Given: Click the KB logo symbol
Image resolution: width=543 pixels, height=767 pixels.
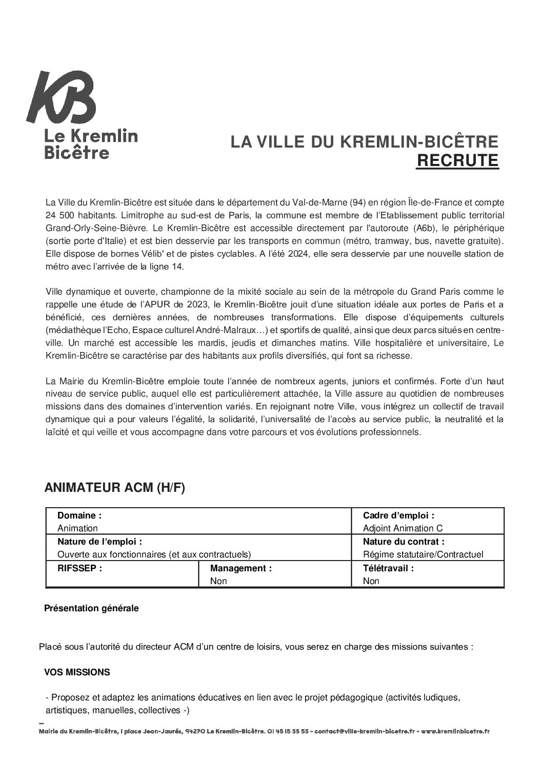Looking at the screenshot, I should coord(62,98).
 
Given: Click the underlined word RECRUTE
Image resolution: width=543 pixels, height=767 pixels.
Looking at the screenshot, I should coord(457,160).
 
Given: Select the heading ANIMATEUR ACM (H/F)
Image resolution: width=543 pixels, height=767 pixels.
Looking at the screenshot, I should coord(114,488).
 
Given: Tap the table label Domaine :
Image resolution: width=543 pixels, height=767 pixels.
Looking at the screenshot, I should coord(79,515).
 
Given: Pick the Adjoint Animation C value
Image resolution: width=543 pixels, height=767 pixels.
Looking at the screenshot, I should coord(403,528).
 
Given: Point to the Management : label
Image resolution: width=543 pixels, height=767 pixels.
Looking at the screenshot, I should coord(240,568).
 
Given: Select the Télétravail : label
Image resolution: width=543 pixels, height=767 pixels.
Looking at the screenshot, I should coord(388,568).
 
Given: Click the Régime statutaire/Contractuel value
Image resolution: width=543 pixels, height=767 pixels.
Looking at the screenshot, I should coord(423,554).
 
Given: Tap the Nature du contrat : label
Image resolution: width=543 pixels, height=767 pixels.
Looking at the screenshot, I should coord(404,542).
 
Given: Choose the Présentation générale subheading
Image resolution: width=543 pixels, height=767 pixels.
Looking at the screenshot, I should coord(91,609).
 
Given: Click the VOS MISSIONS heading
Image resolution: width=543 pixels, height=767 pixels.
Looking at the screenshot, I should coord(77,672).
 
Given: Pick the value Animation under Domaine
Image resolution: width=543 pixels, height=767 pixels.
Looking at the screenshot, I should coord(77,528).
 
